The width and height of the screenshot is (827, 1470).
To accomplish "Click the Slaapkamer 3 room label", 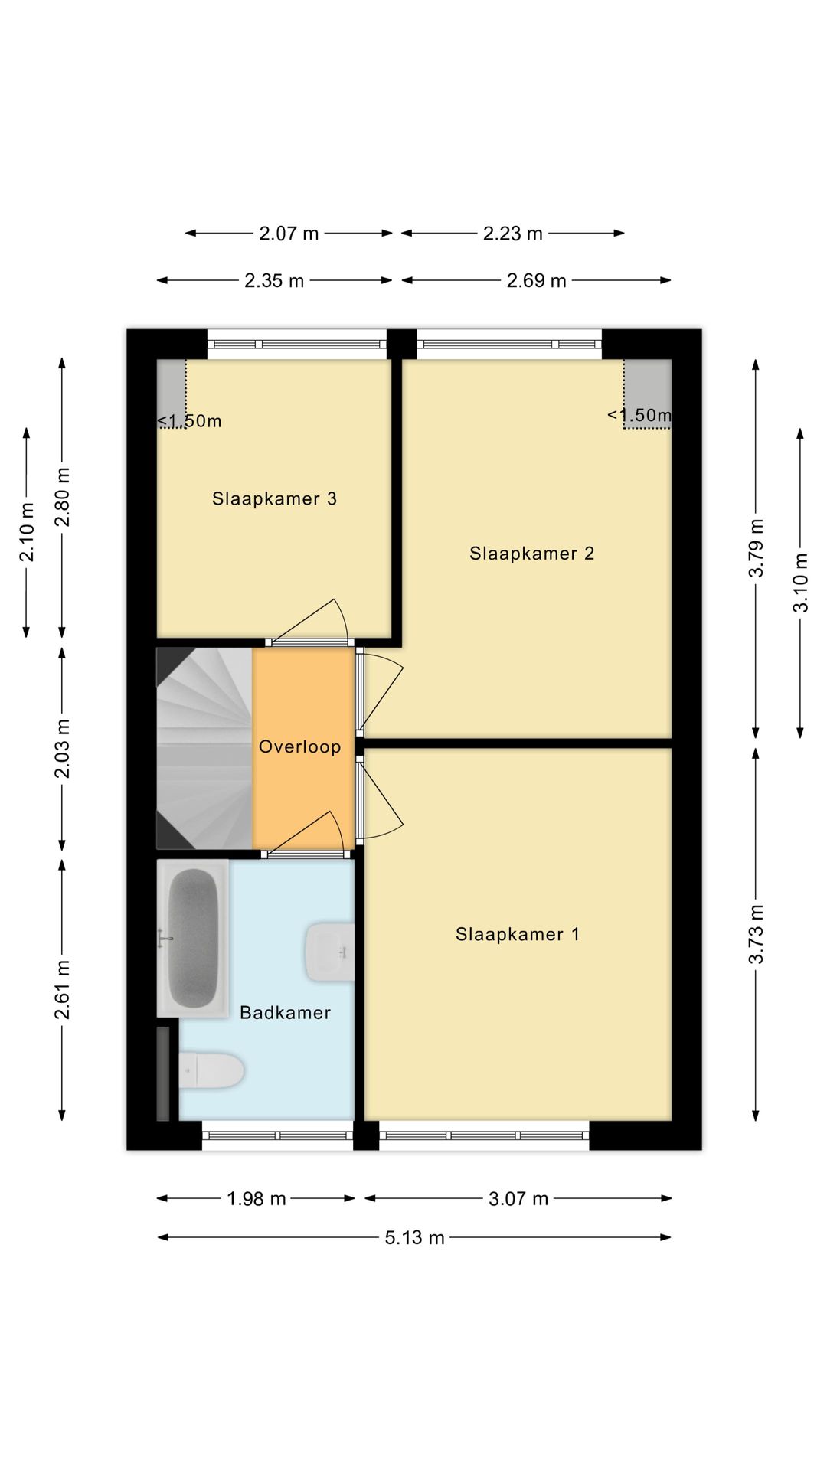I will [274, 498].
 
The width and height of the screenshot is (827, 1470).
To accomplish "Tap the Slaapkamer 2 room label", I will [531, 553].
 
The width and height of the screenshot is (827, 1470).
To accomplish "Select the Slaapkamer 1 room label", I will [517, 934].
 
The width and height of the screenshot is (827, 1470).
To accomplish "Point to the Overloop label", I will [299, 746].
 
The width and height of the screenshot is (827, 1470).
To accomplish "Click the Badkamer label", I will [285, 1012].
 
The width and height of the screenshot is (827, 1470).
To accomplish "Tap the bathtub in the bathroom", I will [192, 938].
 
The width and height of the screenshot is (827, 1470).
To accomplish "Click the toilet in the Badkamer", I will [212, 1070].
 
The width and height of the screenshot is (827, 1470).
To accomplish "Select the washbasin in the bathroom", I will [330, 952].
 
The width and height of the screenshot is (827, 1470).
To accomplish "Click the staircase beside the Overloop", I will [204, 748].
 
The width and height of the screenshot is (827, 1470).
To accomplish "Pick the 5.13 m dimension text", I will [414, 1238].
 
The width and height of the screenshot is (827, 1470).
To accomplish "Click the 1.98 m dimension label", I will [256, 1199].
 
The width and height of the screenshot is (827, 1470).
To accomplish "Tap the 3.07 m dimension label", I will [518, 1199].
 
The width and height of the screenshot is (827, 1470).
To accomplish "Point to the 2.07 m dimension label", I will [289, 234].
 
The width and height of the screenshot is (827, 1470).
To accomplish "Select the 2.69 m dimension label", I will [536, 281].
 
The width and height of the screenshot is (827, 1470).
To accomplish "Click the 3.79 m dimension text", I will [757, 547].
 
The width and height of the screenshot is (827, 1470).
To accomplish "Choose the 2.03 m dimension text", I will [63, 748].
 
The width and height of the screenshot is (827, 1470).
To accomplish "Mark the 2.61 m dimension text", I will [63, 989].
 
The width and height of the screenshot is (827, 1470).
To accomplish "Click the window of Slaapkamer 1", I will [484, 1135].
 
